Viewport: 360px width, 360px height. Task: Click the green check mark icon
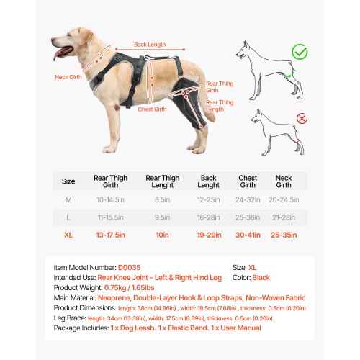300,52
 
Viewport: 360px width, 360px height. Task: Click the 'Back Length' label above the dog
150,45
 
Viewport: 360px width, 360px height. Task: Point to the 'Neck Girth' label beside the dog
67,77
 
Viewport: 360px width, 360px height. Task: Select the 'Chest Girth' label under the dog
152,109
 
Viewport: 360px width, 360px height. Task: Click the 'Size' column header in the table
68,181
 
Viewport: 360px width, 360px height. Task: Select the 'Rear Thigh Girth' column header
110,181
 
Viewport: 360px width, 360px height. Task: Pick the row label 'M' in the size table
68,199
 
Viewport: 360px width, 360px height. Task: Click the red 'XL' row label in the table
68,234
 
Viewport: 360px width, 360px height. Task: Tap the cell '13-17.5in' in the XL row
110,234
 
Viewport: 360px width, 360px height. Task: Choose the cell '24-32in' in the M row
247,199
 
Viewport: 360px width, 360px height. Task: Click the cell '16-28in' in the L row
208,217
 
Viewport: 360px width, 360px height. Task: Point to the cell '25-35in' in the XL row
284,234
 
